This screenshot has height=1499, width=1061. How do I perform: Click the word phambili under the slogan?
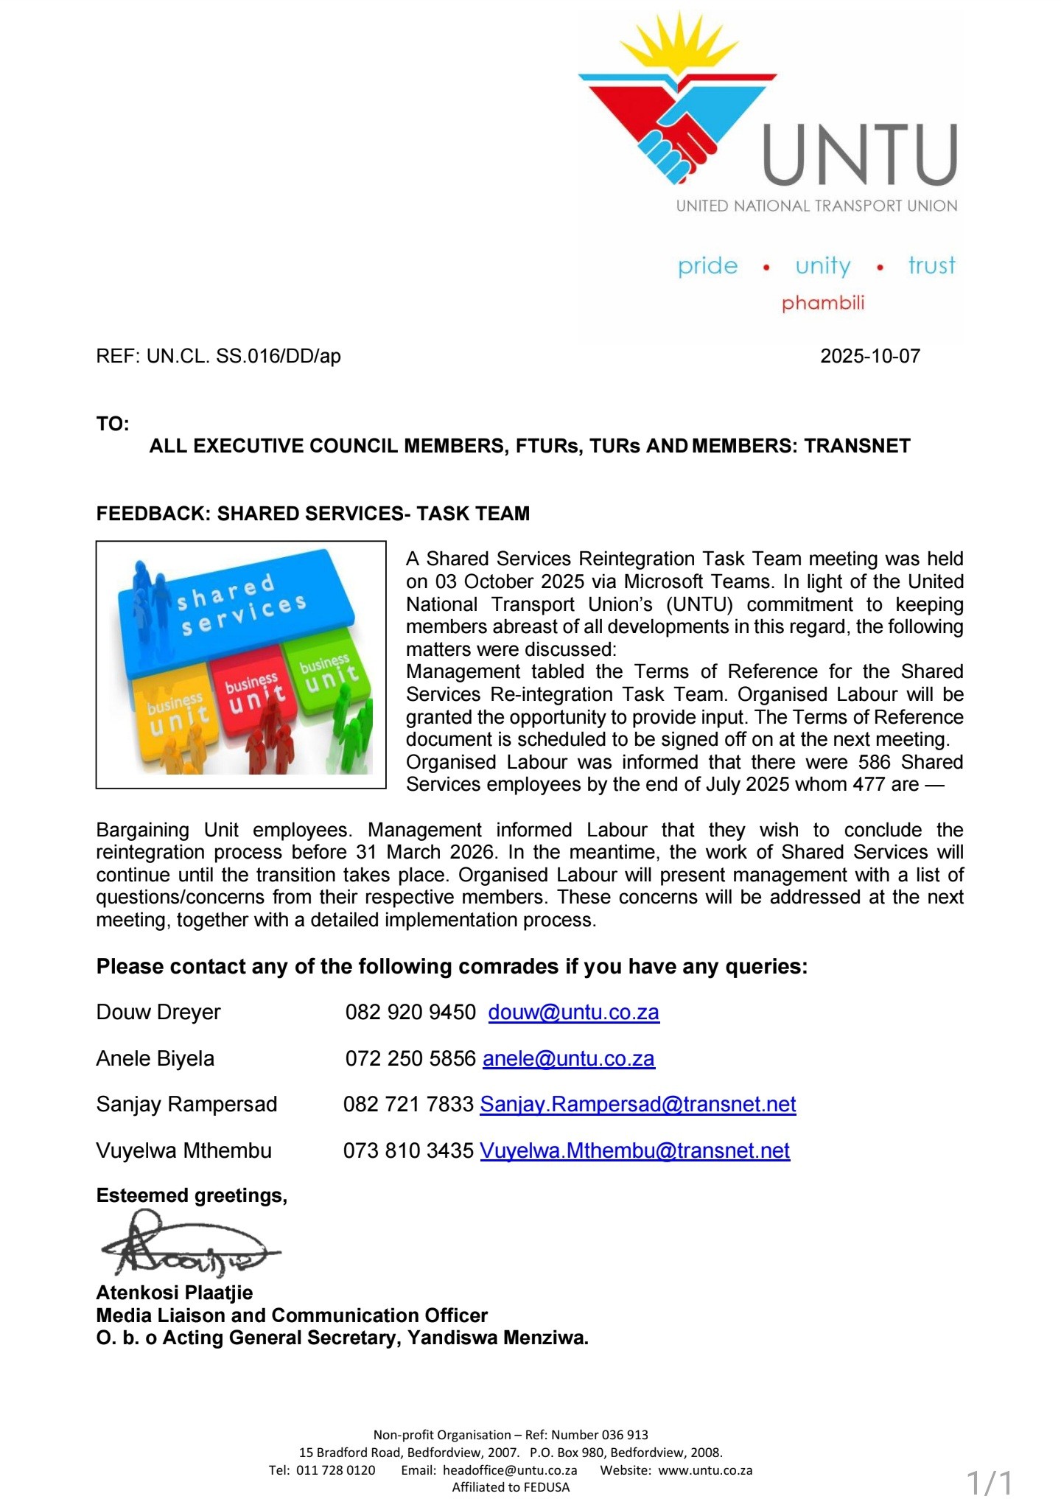822,303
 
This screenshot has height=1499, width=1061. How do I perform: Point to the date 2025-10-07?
869,356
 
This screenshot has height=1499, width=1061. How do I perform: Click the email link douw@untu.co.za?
573,1012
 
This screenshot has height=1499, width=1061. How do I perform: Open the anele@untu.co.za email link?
568,1058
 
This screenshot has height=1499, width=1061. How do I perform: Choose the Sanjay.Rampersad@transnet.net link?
637,1104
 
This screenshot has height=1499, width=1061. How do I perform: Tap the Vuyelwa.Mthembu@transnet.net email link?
634,1150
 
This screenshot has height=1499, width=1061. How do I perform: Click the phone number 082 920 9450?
410,1012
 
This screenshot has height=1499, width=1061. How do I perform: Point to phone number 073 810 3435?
408,1150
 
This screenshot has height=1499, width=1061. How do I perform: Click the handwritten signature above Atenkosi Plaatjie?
188,1245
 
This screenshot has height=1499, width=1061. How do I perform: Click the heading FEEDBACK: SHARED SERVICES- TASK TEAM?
312,514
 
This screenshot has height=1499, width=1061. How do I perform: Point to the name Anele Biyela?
155,1058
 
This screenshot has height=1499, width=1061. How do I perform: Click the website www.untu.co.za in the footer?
705,1470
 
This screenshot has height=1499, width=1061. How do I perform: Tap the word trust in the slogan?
931,265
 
